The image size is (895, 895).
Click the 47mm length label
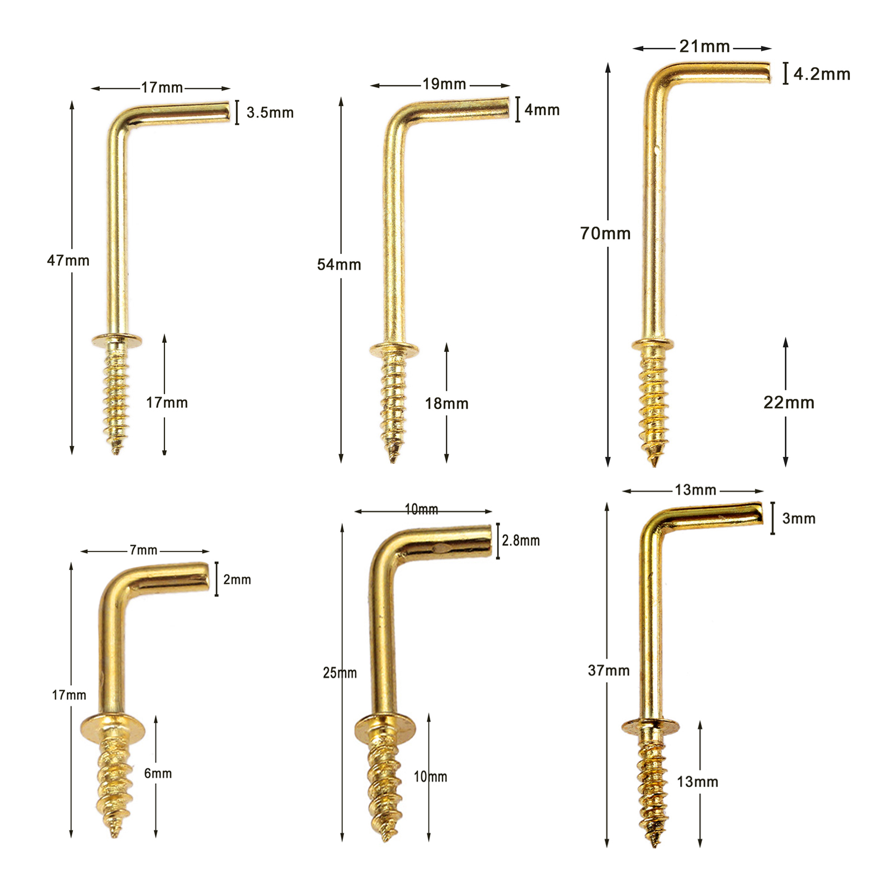tap(68, 260)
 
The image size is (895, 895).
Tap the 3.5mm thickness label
tap(270, 112)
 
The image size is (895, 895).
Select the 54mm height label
tap(339, 265)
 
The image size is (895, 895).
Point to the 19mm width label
tap(444, 84)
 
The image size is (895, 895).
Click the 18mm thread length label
tap(446, 403)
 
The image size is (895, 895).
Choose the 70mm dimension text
tap(605, 233)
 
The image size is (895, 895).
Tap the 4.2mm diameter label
tap(822, 74)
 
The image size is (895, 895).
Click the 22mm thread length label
tap(789, 402)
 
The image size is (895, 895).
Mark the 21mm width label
tap(705, 46)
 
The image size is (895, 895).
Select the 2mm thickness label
tap(237, 580)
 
